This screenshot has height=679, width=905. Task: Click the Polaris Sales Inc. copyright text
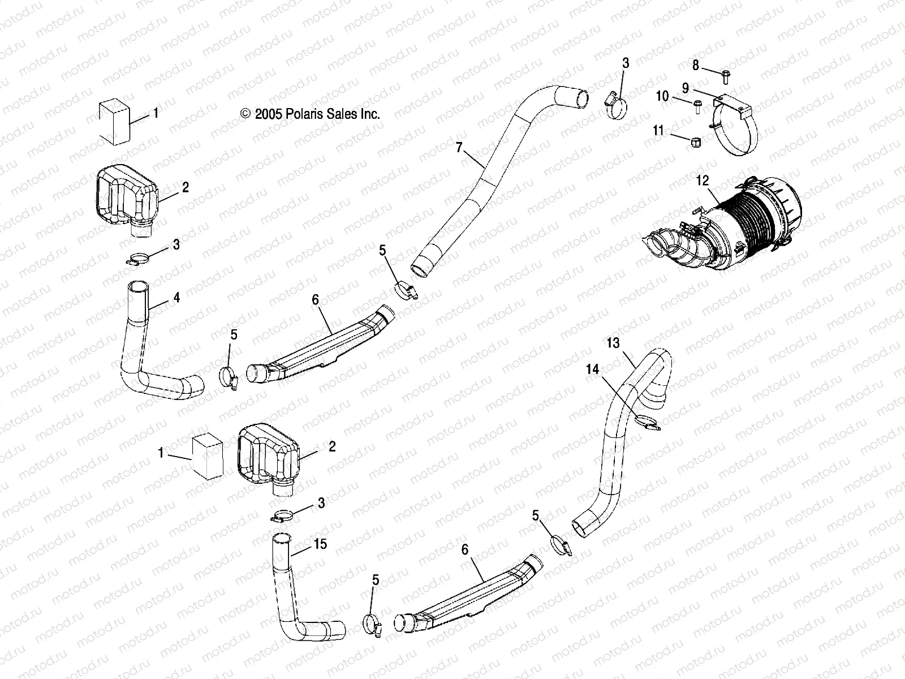pyautogui.click(x=310, y=114)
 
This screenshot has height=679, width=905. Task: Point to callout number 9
pyautogui.click(x=685, y=88)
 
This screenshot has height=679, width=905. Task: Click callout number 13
pyautogui.click(x=613, y=343)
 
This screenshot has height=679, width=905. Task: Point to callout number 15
pyautogui.click(x=320, y=544)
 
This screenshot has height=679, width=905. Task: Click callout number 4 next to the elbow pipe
pyautogui.click(x=176, y=296)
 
